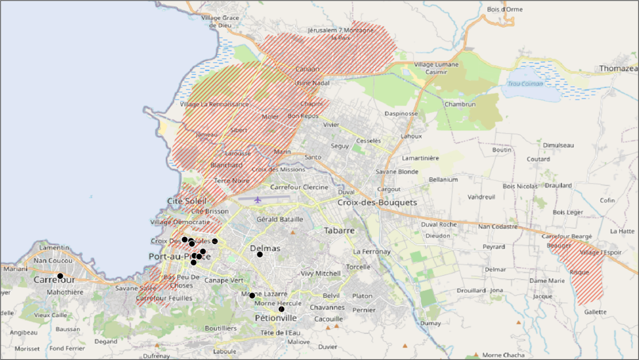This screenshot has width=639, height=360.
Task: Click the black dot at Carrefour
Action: point(60,276)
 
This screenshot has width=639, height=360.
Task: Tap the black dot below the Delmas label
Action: point(260,254)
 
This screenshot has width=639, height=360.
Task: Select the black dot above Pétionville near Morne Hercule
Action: point(281,309)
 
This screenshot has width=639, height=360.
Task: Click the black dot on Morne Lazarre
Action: point(252,296)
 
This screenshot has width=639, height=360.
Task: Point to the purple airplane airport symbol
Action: point(258,200)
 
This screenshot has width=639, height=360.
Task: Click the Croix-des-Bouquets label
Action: point(377,203)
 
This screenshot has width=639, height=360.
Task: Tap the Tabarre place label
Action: point(339,230)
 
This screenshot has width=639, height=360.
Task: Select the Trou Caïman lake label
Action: point(525,84)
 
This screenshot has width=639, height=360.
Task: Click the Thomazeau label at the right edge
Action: point(618,68)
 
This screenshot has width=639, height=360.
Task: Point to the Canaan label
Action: point(308,69)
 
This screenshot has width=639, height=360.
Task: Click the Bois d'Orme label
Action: point(505,9)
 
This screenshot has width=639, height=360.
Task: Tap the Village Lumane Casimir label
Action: point(436,68)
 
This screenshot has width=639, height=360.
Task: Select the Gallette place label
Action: point(595,312)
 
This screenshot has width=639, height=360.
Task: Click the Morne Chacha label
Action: point(503,355)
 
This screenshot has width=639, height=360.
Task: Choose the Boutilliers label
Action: point(220,328)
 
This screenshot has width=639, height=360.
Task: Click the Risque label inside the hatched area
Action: point(579,272)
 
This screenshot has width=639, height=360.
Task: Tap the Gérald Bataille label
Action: point(280,219)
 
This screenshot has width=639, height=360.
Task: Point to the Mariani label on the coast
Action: point(15,269)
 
